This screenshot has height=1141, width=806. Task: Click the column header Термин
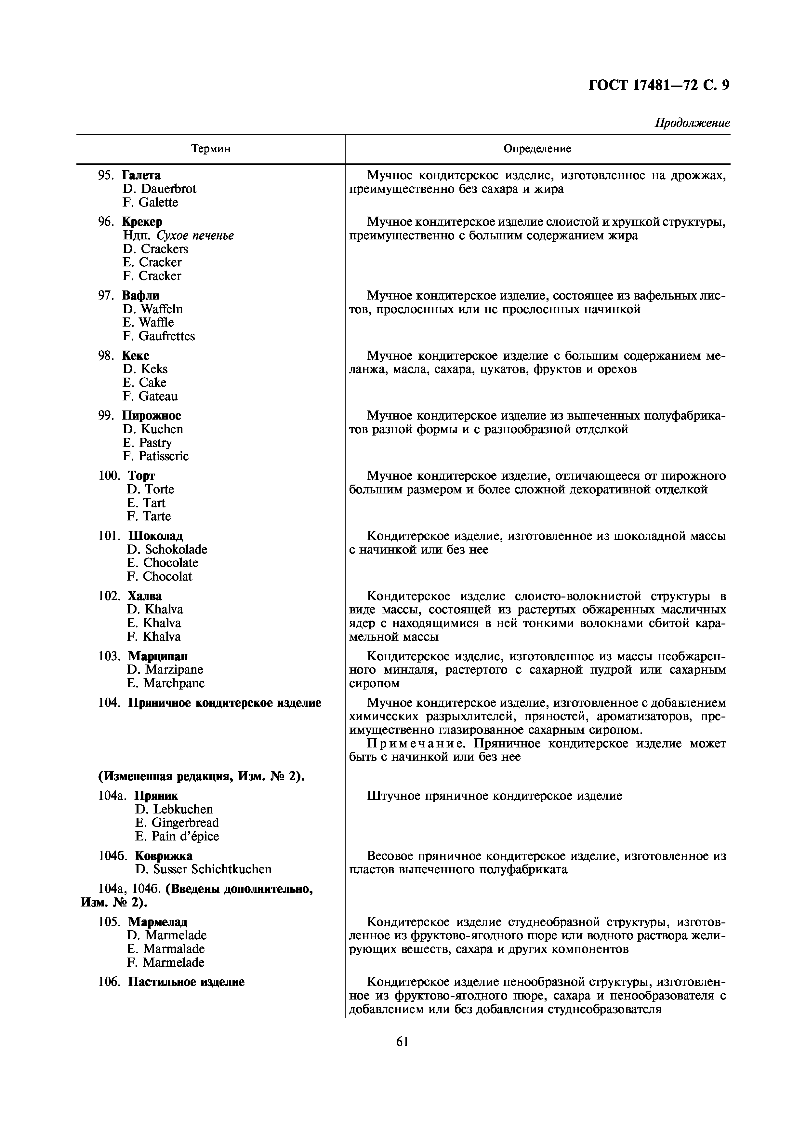211,149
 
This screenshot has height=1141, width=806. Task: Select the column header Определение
537,149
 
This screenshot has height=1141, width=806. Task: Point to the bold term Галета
141,175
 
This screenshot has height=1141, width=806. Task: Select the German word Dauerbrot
168,189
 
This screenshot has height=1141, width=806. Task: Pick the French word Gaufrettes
167,336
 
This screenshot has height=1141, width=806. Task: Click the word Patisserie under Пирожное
164,456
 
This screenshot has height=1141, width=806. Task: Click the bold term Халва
145,596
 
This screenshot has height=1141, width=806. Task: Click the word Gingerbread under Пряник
185,823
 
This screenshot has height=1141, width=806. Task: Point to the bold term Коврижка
164,856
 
